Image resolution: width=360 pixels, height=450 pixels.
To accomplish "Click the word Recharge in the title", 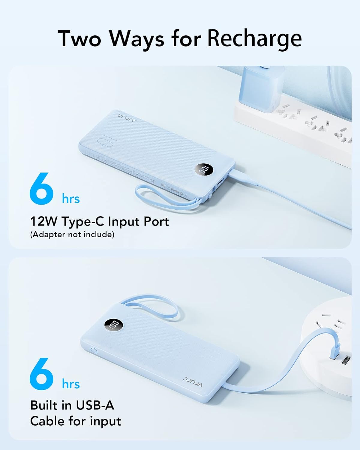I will (254, 38).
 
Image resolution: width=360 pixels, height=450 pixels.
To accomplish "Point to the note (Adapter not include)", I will (72, 234).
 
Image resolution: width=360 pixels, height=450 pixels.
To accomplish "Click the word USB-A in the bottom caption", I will (95, 405).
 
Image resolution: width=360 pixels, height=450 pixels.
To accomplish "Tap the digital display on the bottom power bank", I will (114, 325).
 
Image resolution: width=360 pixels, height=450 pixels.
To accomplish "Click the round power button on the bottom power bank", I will (93, 350).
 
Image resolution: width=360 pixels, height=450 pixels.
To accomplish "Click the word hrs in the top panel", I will (71, 199).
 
